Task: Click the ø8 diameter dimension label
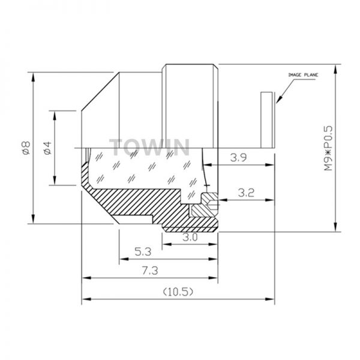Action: [x=26, y=148]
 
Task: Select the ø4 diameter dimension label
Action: [x=48, y=148]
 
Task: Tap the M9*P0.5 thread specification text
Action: [x=328, y=148]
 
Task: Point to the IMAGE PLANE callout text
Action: [x=303, y=75]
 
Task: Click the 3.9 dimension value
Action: [x=239, y=158]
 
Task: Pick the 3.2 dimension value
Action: [x=246, y=193]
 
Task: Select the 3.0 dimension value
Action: [x=190, y=237]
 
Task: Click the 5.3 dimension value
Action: [x=143, y=252]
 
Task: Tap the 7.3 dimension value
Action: [x=150, y=271]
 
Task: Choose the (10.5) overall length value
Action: [x=178, y=292]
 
